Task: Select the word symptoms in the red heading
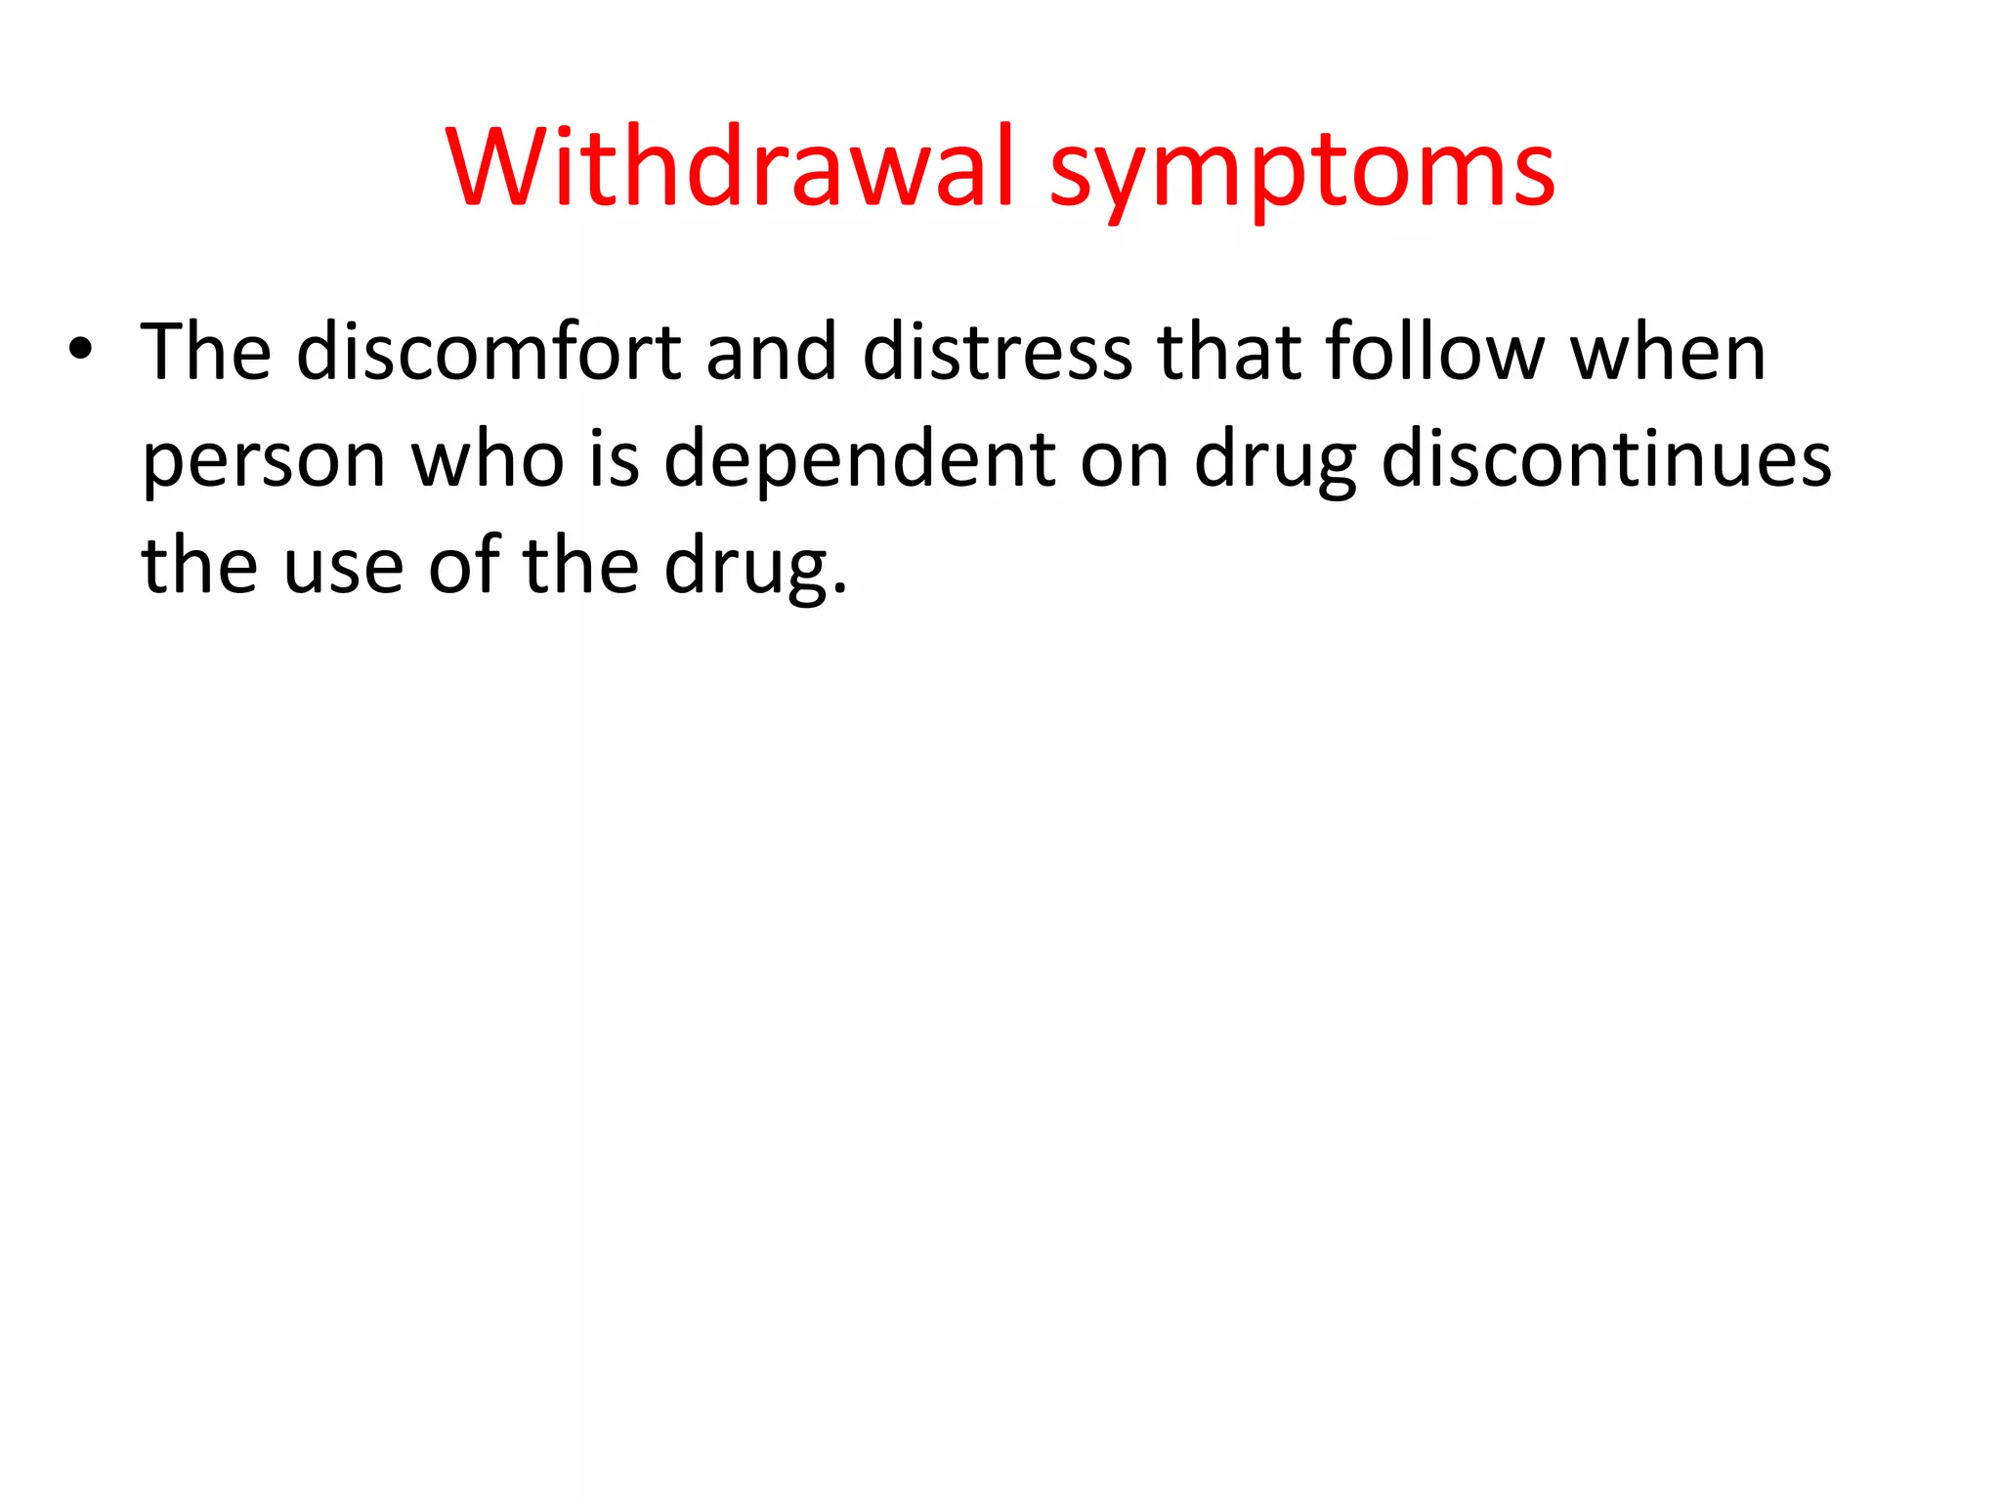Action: pyautogui.click(x=1301, y=171)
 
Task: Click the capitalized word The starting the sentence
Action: pyautogui.click(x=206, y=352)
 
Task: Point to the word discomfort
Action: pyautogui.click(x=489, y=352)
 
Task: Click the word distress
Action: pyautogui.click(x=998, y=352)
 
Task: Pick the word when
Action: pyautogui.click(x=1669, y=352)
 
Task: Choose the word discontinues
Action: pyautogui.click(x=1606, y=459)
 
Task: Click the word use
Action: pyautogui.click(x=343, y=568)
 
